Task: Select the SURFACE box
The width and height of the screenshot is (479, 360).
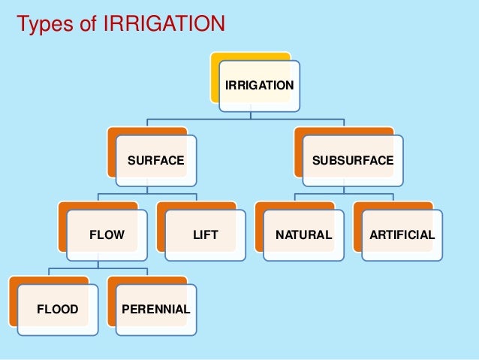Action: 156,160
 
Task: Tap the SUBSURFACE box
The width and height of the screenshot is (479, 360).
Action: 352,160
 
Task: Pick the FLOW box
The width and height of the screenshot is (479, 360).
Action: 107,234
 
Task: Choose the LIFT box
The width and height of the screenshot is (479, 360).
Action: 205,234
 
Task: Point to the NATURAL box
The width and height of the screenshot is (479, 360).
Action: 303,234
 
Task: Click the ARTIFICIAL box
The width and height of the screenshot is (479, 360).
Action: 402,234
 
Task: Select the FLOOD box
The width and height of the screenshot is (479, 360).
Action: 58,309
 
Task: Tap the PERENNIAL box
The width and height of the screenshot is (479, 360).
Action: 156,309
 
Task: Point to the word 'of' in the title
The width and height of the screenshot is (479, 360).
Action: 86,25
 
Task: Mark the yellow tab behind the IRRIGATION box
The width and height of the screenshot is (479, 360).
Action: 215,75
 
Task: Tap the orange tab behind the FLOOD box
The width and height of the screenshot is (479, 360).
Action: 13,301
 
